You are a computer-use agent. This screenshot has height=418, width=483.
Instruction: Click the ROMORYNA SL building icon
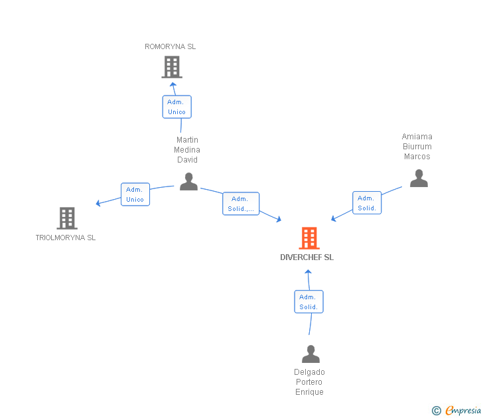click(x=172, y=67)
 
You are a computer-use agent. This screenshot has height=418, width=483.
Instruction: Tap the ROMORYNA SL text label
click(x=171, y=47)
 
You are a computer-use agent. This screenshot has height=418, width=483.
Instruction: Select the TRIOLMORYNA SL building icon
click(x=67, y=218)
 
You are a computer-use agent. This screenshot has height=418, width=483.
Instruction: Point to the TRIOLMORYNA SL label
click(x=66, y=238)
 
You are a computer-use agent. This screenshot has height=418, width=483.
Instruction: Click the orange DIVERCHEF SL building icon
click(x=309, y=238)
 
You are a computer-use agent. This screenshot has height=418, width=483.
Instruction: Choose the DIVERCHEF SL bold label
click(x=307, y=257)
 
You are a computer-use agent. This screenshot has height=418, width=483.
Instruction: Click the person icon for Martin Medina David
click(x=189, y=182)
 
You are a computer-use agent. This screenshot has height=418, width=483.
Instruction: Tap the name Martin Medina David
click(x=187, y=150)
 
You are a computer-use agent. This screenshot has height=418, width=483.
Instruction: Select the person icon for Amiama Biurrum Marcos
click(x=419, y=178)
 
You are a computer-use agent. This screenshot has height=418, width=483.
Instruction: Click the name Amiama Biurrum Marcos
click(x=417, y=147)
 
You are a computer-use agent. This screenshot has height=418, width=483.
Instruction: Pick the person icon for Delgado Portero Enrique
click(x=310, y=354)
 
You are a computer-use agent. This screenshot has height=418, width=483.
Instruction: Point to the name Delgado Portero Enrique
click(x=310, y=382)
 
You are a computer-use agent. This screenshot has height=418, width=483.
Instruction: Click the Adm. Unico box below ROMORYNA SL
click(x=176, y=107)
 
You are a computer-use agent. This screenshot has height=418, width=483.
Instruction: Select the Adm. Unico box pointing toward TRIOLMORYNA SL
click(x=135, y=194)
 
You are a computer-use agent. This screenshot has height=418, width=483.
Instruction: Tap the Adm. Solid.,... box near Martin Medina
click(x=240, y=204)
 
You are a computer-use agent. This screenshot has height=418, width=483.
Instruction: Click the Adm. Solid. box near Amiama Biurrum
click(x=367, y=203)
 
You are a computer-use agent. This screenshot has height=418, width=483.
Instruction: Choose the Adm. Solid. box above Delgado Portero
click(x=309, y=302)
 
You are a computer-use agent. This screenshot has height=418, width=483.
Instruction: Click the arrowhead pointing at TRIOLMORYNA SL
click(x=99, y=203)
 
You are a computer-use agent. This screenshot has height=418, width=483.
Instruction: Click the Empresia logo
click(x=457, y=411)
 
